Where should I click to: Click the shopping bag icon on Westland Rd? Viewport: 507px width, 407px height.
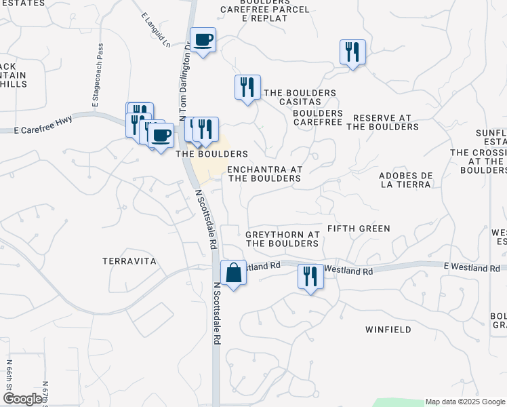pyautogui.click(x=233, y=274)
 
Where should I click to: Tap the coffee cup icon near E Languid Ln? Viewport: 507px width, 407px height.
pyautogui.click(x=203, y=40)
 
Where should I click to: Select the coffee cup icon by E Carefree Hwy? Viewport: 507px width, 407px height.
pyautogui.click(x=161, y=134)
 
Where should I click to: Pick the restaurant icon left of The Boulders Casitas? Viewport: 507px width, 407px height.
pyautogui.click(x=247, y=88)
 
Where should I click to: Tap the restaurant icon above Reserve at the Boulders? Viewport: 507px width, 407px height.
pyautogui.click(x=352, y=52)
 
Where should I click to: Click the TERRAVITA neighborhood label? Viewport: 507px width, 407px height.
pyautogui.click(x=129, y=261)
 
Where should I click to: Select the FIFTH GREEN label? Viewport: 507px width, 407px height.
pyautogui.click(x=359, y=229)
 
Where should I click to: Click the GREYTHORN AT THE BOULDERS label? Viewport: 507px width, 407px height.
pyautogui.click(x=282, y=239)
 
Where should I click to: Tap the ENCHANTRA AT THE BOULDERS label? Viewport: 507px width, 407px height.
pyautogui.click(x=264, y=174)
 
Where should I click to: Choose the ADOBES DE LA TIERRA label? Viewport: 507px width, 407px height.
pyautogui.click(x=406, y=180)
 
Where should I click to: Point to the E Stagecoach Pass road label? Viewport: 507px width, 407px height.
pyautogui.click(x=97, y=75)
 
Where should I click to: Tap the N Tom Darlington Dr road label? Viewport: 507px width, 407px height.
pyautogui.click(x=184, y=80)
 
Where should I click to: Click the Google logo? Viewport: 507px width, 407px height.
pyautogui.click(x=22, y=399)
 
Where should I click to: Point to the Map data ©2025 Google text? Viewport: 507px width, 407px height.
pyautogui.click(x=464, y=402)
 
